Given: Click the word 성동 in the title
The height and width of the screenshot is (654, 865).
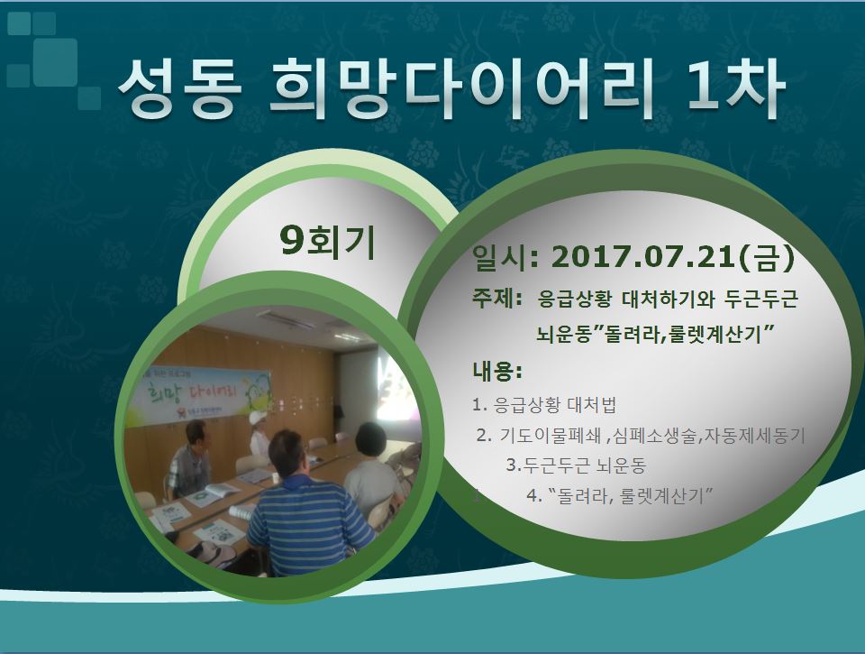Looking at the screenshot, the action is coord(180,89).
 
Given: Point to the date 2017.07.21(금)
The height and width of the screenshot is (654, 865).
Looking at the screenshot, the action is coord(673,257).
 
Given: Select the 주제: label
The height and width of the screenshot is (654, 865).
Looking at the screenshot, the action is coord(496,299).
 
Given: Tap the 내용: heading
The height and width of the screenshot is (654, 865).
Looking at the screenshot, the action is coord(496,371).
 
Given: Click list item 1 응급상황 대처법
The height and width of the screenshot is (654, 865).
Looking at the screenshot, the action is coord(544,405).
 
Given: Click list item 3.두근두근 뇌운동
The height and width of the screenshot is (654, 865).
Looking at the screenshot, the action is coord(576,465).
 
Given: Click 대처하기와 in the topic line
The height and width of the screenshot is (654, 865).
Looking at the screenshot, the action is coord(668,299).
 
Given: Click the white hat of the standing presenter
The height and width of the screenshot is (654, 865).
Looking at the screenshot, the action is coord(257,417).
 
